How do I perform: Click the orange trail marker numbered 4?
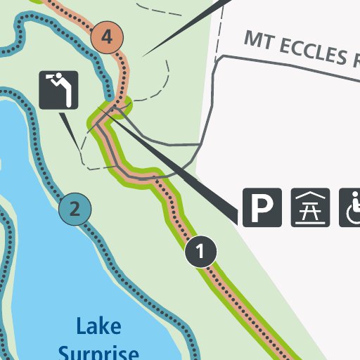[x=107, y=36]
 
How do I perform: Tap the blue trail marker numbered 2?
[x=75, y=208]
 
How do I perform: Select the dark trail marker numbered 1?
[x=201, y=251]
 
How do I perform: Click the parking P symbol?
[x=262, y=207]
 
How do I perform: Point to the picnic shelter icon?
[x=310, y=207]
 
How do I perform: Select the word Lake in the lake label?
[x=98, y=326]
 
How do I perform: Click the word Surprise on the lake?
[x=98, y=352]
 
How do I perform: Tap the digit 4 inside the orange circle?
[x=107, y=36]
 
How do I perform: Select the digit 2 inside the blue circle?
[x=75, y=208]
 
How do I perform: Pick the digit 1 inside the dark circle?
[x=201, y=251]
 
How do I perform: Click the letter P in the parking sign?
[x=262, y=207]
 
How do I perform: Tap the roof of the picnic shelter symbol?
[x=310, y=198]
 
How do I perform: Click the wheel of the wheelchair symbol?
[x=351, y=215]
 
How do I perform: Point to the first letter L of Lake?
[x=80, y=326]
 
